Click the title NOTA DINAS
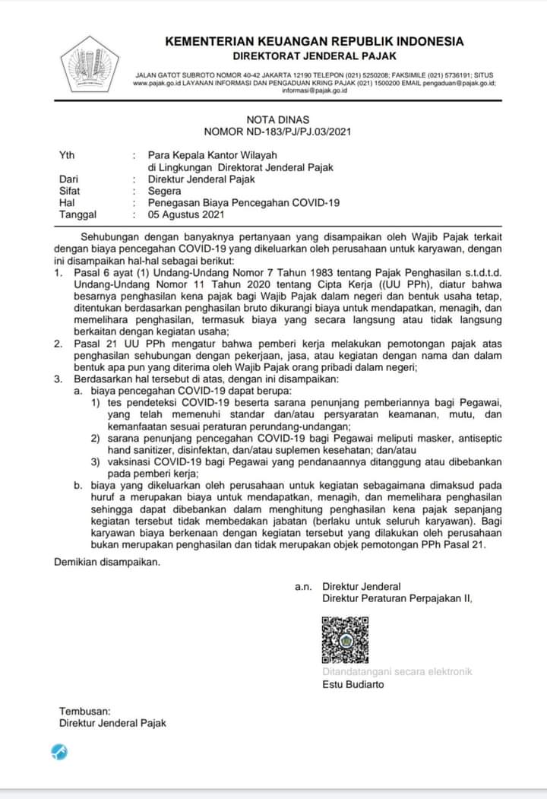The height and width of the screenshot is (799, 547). (277, 119)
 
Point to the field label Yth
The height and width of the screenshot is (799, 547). (67, 155)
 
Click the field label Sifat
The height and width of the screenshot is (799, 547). (70, 192)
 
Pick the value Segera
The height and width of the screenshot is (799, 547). (165, 192)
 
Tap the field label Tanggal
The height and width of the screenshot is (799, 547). (77, 215)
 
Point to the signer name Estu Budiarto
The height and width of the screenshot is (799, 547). (353, 684)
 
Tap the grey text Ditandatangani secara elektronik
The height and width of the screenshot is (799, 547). (397, 671)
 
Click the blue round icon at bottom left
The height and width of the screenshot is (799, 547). (59, 753)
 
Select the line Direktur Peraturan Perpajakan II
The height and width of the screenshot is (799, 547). (397, 599)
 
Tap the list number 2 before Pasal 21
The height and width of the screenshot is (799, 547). (58, 344)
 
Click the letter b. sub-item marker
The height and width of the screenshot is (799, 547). (77, 482)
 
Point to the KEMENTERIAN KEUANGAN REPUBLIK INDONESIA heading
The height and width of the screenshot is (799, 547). (314, 41)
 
